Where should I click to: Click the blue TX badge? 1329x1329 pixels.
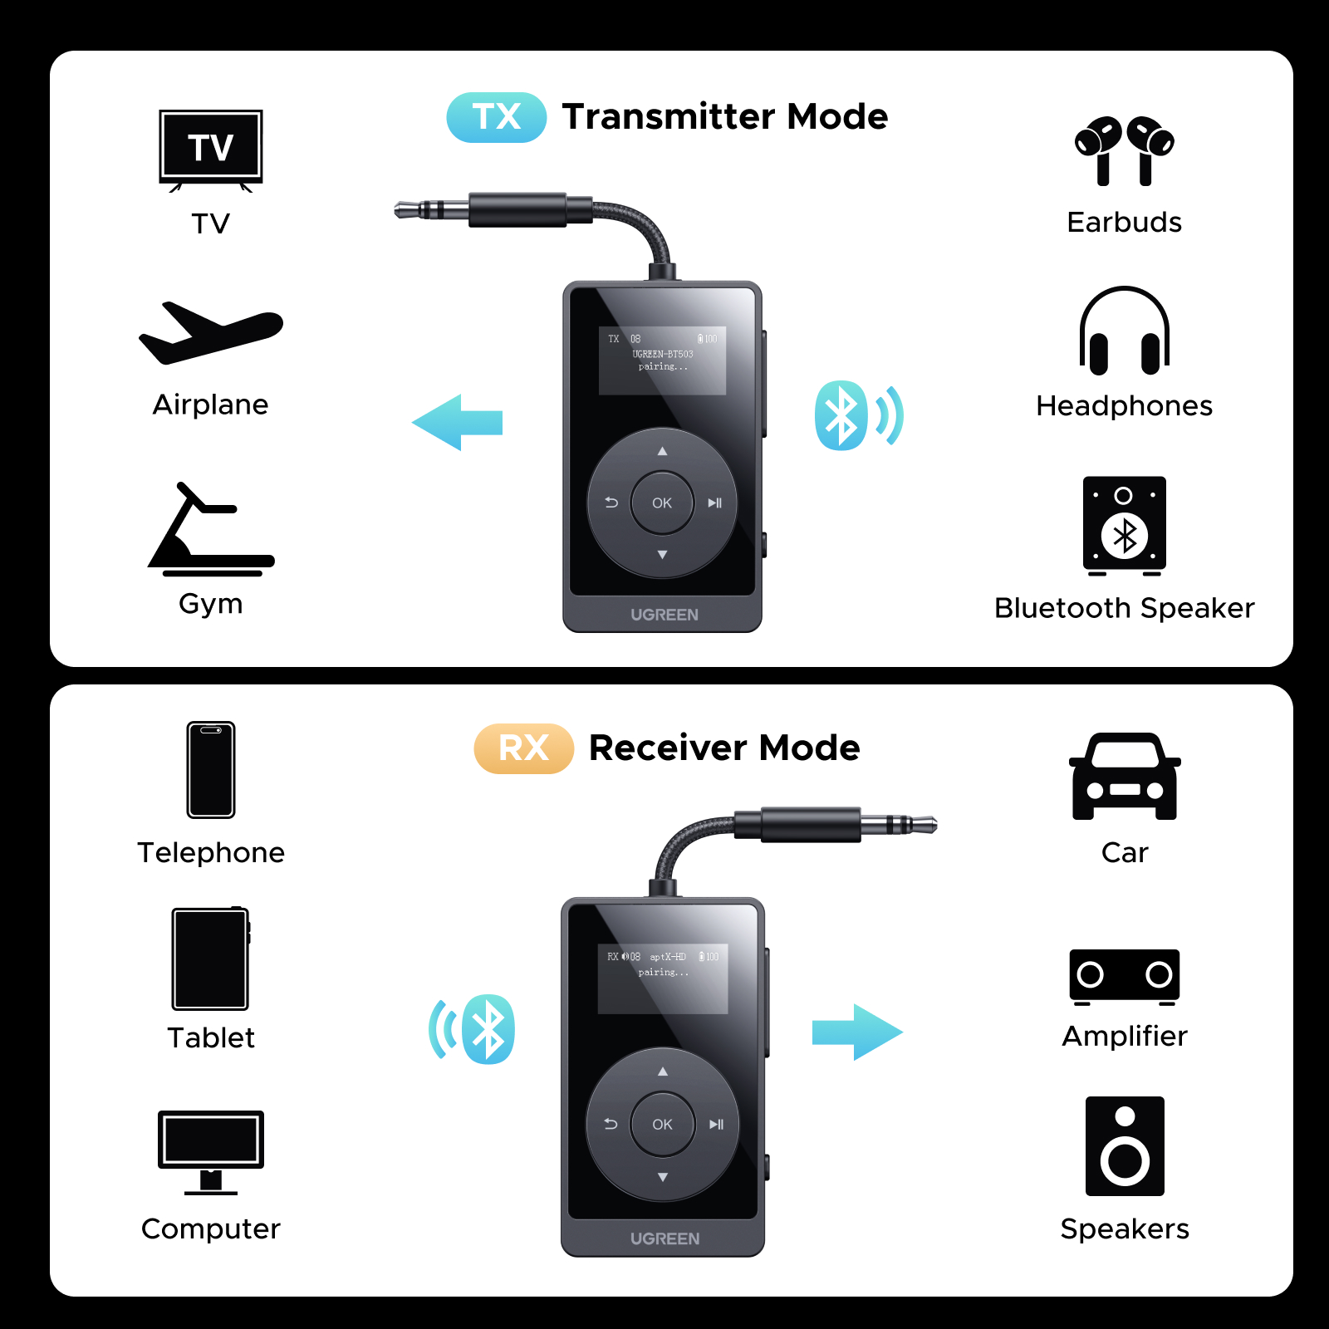(496, 117)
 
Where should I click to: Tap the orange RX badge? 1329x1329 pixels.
(523, 748)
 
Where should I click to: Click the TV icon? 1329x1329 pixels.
(211, 150)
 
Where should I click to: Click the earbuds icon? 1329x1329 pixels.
(1124, 150)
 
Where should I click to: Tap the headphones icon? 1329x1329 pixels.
(1124, 331)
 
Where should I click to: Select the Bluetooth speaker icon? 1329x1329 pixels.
(1124, 526)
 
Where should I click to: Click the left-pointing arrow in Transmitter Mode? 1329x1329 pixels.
(458, 423)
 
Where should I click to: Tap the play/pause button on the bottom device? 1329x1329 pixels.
(716, 1125)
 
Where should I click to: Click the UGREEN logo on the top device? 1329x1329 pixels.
(664, 615)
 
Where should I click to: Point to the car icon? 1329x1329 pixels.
(1125, 777)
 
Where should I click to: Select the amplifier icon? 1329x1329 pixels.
(1124, 976)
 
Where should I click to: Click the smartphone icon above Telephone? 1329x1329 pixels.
(211, 770)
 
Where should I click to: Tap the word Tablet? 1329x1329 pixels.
(211, 1038)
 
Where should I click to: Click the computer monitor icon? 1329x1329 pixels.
(211, 1151)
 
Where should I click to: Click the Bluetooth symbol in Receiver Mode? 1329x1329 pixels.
(488, 1029)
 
